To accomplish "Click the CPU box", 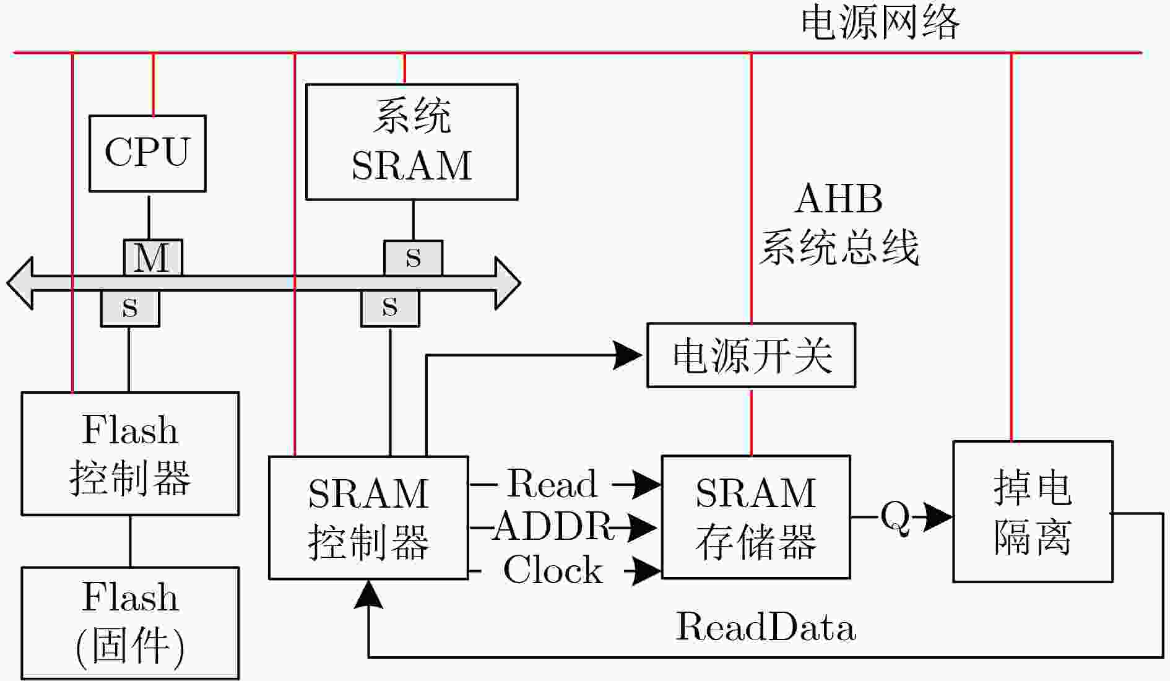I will (147, 153).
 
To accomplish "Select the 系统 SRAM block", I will (412, 142).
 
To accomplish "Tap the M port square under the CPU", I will (152, 257).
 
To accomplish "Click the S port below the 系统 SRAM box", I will (413, 258).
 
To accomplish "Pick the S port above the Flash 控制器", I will (130, 308).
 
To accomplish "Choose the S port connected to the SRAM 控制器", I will (390, 308).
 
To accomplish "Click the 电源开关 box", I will (751, 355).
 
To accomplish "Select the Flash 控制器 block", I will (130, 453).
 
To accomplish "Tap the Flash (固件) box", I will (130, 622).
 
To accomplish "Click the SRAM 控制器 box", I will (368, 518).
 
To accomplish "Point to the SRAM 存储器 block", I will (756, 517).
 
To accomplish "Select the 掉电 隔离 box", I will (1033, 511).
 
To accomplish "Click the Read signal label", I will (552, 484).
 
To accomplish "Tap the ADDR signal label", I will (552, 527).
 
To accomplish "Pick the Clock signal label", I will (553, 570).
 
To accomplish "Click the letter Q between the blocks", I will (895, 516).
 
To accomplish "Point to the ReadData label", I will (765, 627).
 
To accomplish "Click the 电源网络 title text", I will (880, 23).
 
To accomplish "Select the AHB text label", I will (839, 199).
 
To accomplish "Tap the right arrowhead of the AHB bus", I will (508, 283).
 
